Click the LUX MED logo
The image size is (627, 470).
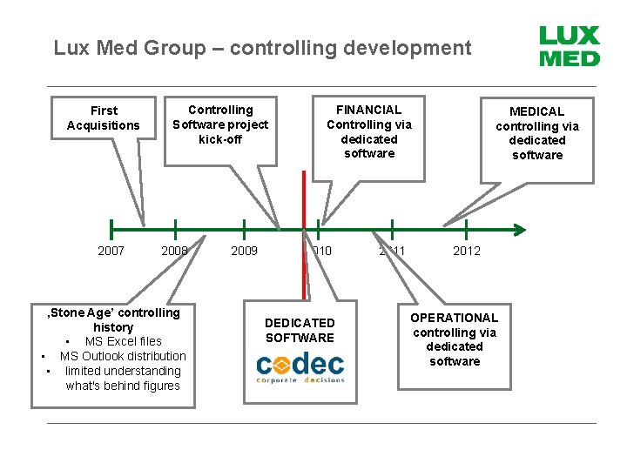tap(569, 47)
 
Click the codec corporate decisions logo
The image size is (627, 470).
tap(300, 367)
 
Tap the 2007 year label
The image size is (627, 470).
tap(111, 252)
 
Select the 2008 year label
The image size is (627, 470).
tap(174, 252)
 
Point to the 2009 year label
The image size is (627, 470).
tap(244, 252)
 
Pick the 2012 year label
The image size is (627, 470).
tap(466, 252)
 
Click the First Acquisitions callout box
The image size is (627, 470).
tap(103, 118)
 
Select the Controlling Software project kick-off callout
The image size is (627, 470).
tap(220, 124)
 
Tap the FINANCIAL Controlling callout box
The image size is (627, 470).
tap(368, 131)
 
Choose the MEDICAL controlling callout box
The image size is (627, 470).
tap(536, 133)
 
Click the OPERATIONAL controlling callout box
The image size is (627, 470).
tap(454, 339)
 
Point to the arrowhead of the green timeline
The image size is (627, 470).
tap(520, 230)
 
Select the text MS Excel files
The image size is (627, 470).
tap(123, 341)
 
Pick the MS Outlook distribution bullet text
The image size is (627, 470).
tap(123, 356)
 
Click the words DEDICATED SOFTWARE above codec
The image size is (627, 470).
tap(300, 331)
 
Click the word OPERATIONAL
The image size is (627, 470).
tap(454, 318)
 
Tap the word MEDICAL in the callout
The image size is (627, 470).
tap(536, 111)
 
